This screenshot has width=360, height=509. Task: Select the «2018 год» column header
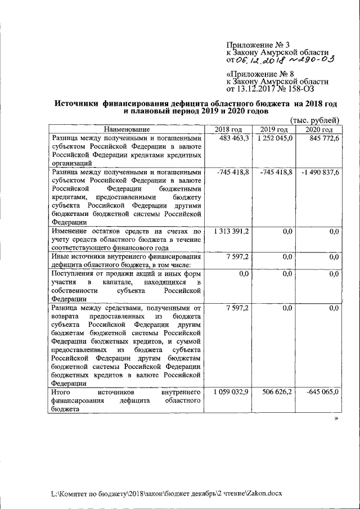[228, 130]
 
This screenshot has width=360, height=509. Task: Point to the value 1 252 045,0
[275, 138]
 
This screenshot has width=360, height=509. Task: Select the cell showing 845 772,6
[321, 138]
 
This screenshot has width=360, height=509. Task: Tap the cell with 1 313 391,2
[231, 231]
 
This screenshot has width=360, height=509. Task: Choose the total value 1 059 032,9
[231, 391]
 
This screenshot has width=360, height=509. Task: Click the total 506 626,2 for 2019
[277, 391]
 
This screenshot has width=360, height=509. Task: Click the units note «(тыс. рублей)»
[314, 120]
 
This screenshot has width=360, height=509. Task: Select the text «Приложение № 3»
[258, 44]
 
